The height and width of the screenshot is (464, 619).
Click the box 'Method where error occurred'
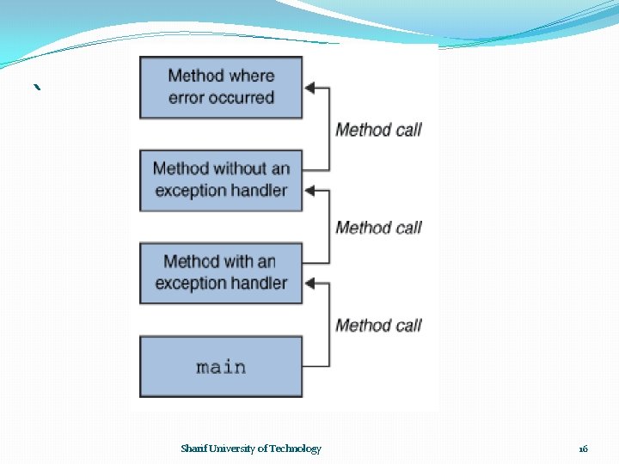pos(221,87)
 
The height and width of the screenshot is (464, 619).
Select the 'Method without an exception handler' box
pos(221,180)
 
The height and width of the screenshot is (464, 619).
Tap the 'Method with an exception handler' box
pos(221,272)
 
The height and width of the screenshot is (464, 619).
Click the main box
pos(221,367)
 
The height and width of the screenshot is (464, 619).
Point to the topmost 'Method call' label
pos(378,130)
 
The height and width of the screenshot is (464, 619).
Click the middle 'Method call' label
pos(378,228)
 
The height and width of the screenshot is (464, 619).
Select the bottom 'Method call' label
pos(378,326)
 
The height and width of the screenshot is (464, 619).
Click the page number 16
pos(583,449)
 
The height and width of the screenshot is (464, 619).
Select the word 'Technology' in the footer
pos(297,449)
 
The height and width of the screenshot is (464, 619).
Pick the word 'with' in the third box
pos(236,261)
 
